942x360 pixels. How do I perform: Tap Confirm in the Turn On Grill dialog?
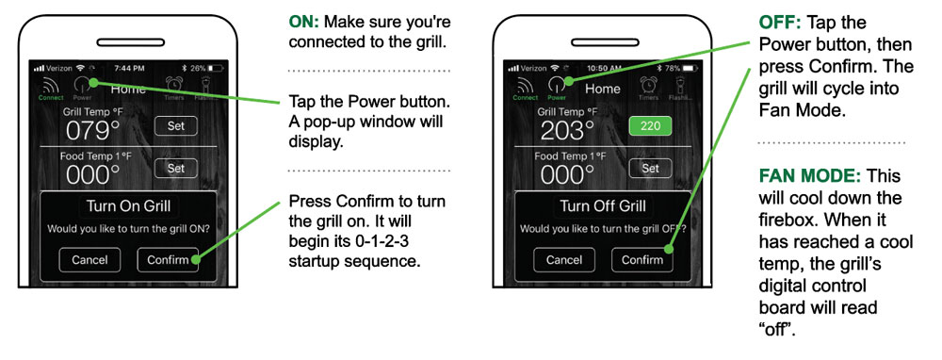pos(168,259)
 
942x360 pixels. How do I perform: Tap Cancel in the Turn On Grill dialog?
pos(89,259)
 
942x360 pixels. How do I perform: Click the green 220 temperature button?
pos(650,126)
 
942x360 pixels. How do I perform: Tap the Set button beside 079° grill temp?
pos(175,126)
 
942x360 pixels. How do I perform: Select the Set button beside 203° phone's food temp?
pos(650,169)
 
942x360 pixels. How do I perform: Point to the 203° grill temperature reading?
pos(567,130)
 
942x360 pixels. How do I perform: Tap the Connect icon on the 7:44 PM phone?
pos(51,89)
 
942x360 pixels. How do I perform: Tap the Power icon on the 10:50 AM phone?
pos(557,89)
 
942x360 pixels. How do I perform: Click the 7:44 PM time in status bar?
pos(128,68)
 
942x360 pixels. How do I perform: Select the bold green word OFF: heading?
pos(780,23)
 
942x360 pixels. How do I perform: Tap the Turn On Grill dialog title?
pos(128,206)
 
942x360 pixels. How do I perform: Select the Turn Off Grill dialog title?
pos(603,206)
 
